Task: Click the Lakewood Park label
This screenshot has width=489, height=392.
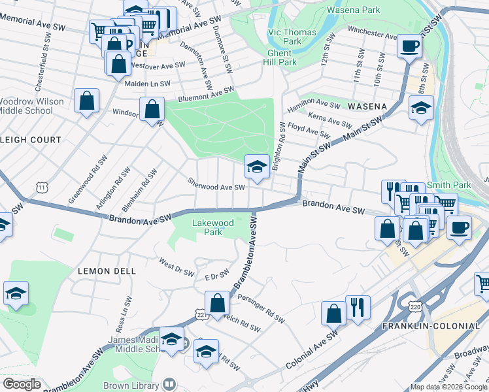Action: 213,227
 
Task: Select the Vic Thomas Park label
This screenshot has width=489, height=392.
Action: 292,37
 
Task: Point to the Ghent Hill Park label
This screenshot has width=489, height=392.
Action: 282,57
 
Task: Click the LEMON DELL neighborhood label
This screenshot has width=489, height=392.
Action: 107,270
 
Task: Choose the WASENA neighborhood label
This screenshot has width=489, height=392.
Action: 367,106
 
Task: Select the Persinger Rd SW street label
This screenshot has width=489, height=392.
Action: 261,309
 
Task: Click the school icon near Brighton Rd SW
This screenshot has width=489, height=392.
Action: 257,167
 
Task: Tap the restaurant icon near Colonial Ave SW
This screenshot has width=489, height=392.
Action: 358,308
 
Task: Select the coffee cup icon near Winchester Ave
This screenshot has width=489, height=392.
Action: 410,46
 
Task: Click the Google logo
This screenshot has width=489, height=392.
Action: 23,384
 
